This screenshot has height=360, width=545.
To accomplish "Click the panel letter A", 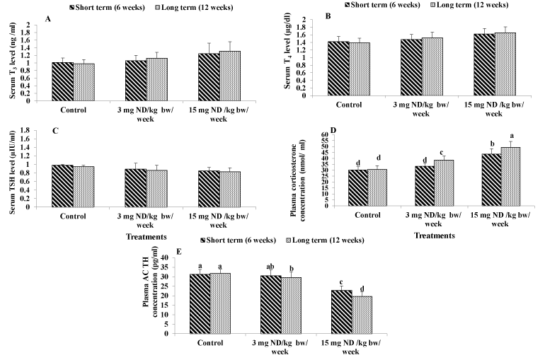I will pyautogui.click(x=47, y=19).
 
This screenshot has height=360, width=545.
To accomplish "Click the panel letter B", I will pyautogui.click(x=327, y=14).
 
